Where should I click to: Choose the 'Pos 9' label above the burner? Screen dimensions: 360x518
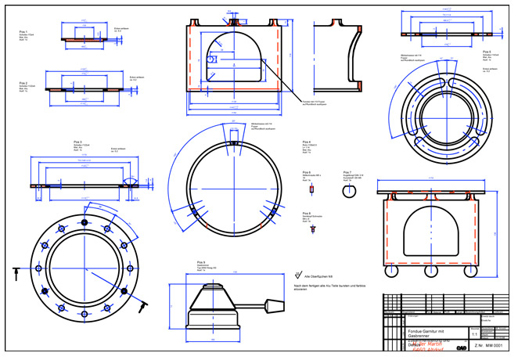tap(201, 261)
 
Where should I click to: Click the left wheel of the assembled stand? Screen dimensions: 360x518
tap(395, 273)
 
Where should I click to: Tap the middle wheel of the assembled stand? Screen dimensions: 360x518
tap(429, 273)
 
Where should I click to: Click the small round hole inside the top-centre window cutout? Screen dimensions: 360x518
tap(212, 57)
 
